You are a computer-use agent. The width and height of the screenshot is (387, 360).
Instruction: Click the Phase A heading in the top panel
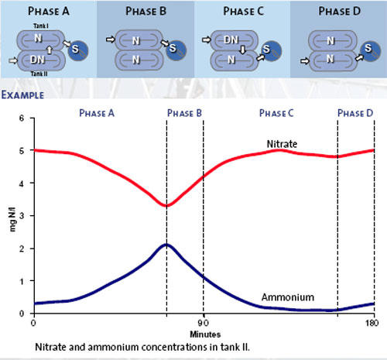[49, 11]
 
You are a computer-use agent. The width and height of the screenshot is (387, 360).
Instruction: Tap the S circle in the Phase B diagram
[176, 50]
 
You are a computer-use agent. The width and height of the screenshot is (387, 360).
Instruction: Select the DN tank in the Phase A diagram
[41, 60]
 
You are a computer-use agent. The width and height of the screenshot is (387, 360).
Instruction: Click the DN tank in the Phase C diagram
[234, 40]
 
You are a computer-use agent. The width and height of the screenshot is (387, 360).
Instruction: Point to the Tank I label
[41, 26]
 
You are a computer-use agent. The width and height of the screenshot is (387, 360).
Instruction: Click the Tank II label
[39, 74]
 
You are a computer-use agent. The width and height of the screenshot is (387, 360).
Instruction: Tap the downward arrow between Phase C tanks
[242, 50]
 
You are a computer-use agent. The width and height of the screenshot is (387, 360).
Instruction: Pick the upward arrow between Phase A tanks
[50, 50]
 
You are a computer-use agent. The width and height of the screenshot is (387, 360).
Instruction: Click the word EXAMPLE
[22, 95]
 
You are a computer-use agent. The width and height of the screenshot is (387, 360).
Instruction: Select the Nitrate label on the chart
[282, 144]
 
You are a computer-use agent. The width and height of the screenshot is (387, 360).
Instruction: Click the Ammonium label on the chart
[288, 297]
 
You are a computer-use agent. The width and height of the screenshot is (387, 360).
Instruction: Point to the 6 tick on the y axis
[22, 118]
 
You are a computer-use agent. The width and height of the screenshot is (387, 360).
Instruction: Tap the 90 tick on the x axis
[204, 323]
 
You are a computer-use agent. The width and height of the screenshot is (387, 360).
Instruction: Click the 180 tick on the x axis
[372, 323]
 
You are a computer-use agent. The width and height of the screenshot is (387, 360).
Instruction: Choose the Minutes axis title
[205, 334]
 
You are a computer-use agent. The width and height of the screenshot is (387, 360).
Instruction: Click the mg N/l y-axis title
[13, 219]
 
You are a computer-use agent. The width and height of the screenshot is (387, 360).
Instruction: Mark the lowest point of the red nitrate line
[166, 206]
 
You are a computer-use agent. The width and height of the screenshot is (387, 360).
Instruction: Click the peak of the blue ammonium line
[166, 244]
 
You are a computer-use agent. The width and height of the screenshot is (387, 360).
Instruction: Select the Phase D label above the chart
[355, 113]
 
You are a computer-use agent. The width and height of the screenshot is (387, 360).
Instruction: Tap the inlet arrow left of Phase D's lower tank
[305, 61]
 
